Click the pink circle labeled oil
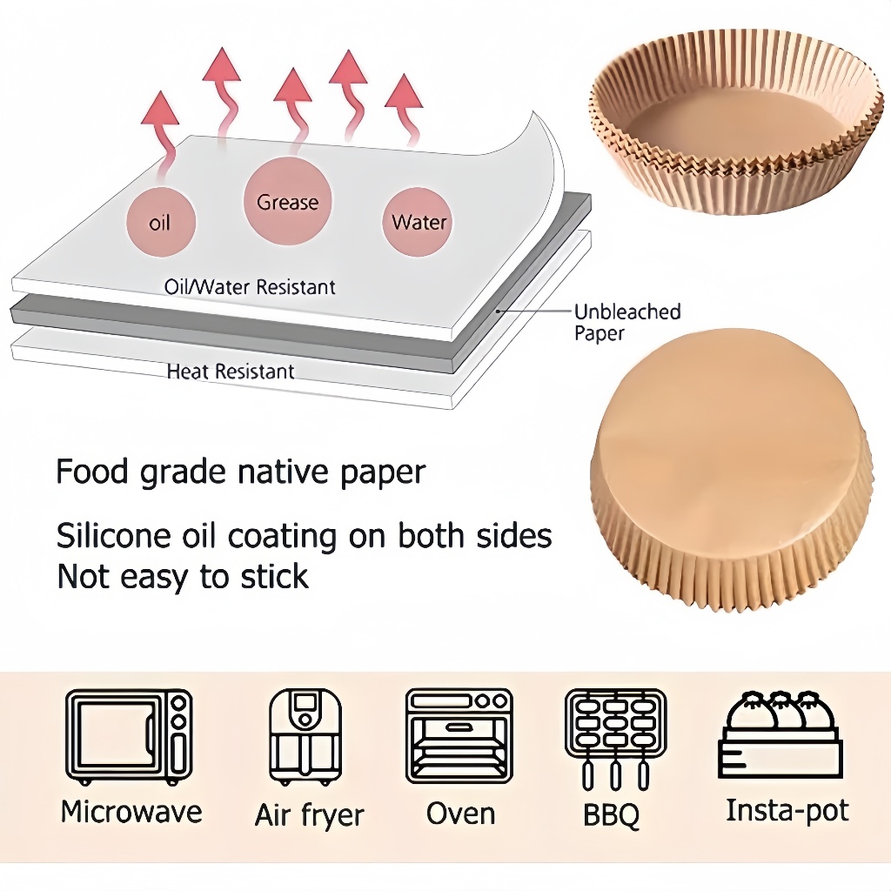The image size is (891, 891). point(160,222)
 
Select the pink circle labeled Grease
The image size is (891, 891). point(287,202)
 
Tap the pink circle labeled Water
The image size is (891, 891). point(419,222)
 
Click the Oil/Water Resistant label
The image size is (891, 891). point(250,286)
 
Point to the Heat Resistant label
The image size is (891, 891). point(231,372)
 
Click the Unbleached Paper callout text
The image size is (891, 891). point(626,322)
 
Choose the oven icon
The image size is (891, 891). point(459,736)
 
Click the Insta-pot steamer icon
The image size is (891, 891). point(780,735)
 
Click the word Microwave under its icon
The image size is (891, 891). point(131,812)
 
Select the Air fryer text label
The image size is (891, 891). point(309,815)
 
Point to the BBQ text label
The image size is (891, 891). point(612,815)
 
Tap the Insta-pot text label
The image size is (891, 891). point(787,810)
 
